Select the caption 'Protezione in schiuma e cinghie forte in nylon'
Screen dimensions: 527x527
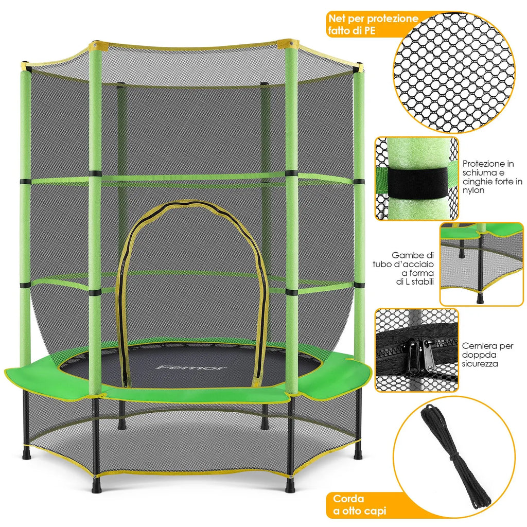tap(492, 175)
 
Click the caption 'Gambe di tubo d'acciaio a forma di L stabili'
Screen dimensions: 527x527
tap(413, 268)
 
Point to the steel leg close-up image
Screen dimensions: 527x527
tap(481, 264)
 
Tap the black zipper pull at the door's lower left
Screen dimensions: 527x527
tap(125, 382)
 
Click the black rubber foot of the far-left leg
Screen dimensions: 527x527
tap(26, 455)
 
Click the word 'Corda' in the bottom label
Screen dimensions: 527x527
tap(349, 498)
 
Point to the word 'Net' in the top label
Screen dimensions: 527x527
tap(338, 18)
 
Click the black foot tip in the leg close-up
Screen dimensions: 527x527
tap(480, 298)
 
